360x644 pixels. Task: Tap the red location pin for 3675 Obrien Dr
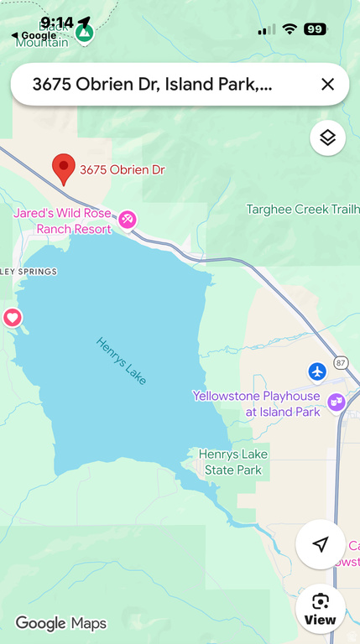click(63, 168)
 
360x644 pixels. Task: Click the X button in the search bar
click(327, 84)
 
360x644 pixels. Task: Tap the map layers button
click(327, 138)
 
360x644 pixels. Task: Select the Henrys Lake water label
click(121, 361)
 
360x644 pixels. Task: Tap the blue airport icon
click(316, 371)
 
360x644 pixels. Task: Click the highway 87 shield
click(340, 362)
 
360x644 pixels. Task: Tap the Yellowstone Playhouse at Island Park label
click(256, 403)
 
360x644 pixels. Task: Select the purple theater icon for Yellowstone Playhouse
click(336, 402)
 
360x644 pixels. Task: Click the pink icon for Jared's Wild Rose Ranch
click(128, 219)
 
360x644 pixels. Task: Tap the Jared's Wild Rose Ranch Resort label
click(63, 221)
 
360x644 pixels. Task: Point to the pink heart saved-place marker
click(12, 318)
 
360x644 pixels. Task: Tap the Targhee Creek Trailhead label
click(302, 210)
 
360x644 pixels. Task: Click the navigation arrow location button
click(320, 544)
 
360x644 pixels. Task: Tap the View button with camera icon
click(320, 609)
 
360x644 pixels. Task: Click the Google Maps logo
click(60, 623)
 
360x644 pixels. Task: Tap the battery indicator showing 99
click(315, 29)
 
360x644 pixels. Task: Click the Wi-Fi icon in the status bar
click(290, 29)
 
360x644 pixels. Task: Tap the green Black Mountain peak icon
click(84, 34)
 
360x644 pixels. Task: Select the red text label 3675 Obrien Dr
click(123, 169)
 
